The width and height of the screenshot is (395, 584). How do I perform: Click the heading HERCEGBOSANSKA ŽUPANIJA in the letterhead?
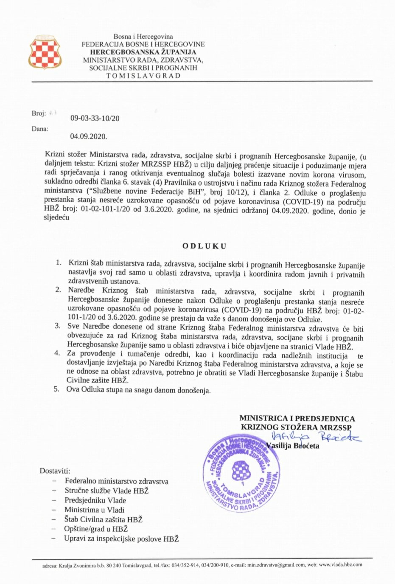(x=143, y=52)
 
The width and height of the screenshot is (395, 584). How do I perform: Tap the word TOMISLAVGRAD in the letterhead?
(x=143, y=76)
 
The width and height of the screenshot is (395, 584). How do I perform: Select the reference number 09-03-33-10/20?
(x=95, y=118)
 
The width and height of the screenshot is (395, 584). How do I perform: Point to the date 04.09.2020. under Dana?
(x=89, y=137)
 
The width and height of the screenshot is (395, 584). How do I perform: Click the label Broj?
(x=39, y=113)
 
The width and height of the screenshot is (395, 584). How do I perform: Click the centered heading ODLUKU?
(x=204, y=246)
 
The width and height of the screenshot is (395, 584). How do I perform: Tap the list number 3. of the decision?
(x=57, y=326)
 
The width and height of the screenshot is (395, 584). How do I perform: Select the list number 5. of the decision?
(x=56, y=389)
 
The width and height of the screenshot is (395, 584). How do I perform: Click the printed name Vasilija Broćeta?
(x=293, y=446)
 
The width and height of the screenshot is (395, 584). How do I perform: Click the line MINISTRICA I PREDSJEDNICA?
(x=297, y=418)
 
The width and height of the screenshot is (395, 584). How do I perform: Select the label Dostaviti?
(x=55, y=471)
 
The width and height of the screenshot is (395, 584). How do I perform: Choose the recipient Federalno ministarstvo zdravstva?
(x=116, y=481)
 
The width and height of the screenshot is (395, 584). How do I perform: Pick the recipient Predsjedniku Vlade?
(x=95, y=500)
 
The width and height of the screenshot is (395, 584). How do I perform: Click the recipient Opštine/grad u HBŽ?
(x=96, y=529)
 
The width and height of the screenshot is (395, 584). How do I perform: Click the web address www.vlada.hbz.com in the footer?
(x=340, y=565)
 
